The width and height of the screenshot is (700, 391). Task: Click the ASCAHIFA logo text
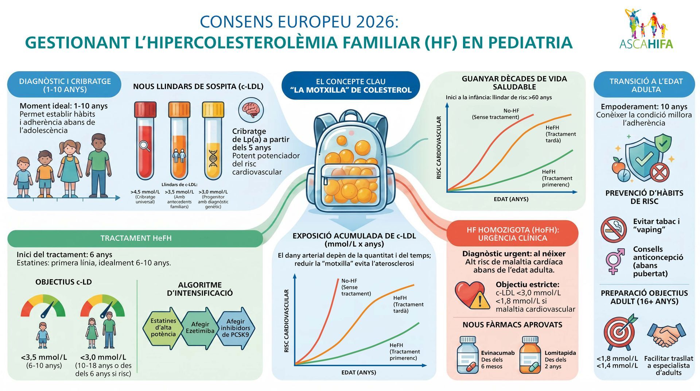pyautogui.click(x=646, y=44)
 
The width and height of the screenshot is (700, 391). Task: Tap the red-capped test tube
pyautogui.click(x=145, y=140)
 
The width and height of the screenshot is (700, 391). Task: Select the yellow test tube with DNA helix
pyautogui.click(x=213, y=140)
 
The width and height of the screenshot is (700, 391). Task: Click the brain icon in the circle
pyautogui.click(x=251, y=110)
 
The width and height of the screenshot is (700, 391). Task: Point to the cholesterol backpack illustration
pyautogui.click(x=350, y=160)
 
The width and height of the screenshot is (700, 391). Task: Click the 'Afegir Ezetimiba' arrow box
pyautogui.click(x=200, y=328)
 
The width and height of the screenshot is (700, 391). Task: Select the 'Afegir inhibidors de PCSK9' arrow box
pyautogui.click(x=236, y=328)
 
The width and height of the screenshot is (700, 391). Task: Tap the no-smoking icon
pyautogui.click(x=614, y=229)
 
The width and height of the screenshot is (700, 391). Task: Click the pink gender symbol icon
pyautogui.click(x=615, y=261)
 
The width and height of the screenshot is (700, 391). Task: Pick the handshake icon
pyautogui.click(x=666, y=334)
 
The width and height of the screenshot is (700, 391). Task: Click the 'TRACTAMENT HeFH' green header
pyautogui.click(x=136, y=238)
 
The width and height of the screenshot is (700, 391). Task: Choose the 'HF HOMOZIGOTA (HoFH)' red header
pyautogui.click(x=512, y=234)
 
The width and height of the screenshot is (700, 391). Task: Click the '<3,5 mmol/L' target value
pyautogui.click(x=44, y=357)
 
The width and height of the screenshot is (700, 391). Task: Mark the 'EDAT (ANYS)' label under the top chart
pyautogui.click(x=511, y=199)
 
